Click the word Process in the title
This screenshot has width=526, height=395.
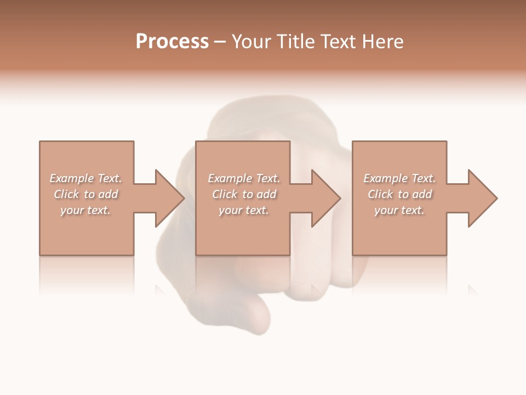tap(172, 42)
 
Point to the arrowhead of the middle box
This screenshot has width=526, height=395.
tap(325, 198)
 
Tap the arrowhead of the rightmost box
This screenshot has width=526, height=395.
tap(482, 198)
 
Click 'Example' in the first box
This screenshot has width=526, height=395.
tap(71, 178)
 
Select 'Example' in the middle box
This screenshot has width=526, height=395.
tap(229, 178)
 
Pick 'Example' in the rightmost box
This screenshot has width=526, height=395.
tap(385, 178)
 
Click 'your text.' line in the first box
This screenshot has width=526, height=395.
tap(85, 210)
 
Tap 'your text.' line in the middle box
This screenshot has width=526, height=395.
tap(243, 210)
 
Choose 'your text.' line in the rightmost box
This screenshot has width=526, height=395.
tap(399, 210)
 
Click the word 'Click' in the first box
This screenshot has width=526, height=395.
tap(66, 194)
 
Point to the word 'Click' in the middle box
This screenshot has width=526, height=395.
tap(225, 194)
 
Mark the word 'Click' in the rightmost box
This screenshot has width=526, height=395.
tap(380, 194)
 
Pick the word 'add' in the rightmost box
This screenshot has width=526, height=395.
tap(422, 194)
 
